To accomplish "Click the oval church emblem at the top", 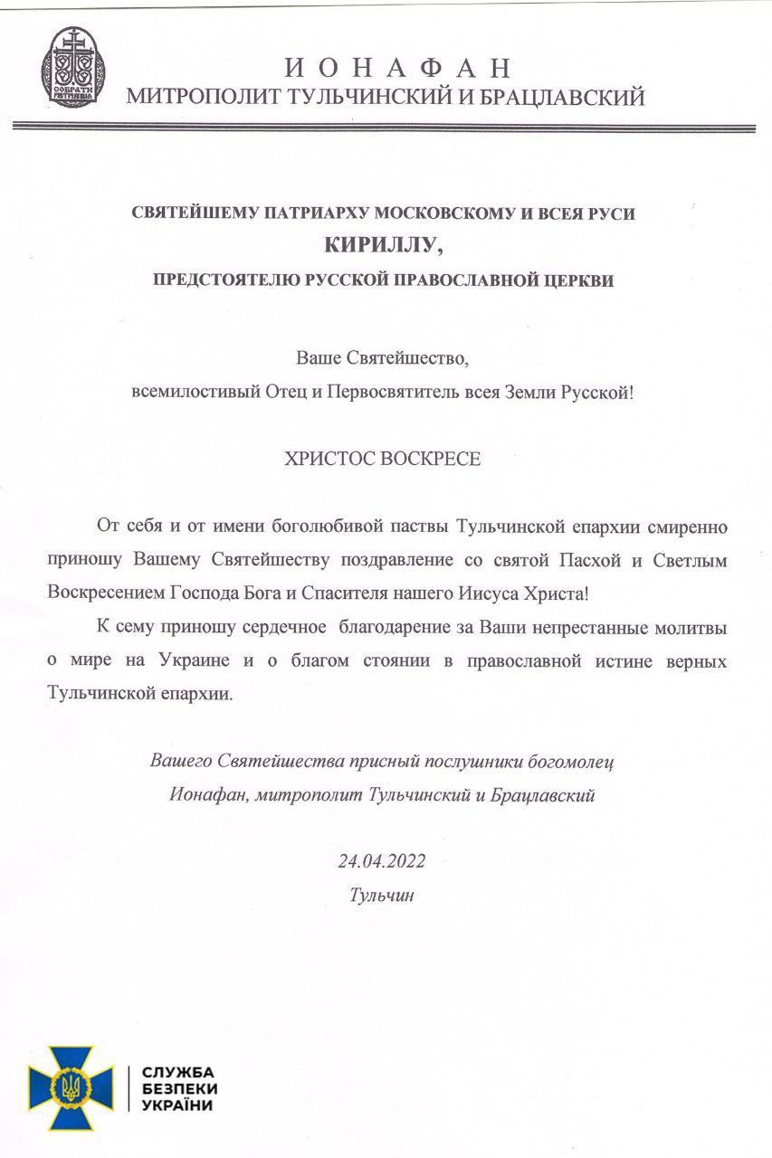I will tap(74, 70).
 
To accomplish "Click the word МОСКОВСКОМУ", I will tap(452, 214).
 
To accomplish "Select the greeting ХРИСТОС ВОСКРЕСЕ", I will tap(385, 459).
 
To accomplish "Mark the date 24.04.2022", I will tap(381, 860).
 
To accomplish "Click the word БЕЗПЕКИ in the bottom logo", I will tap(179, 1089).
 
